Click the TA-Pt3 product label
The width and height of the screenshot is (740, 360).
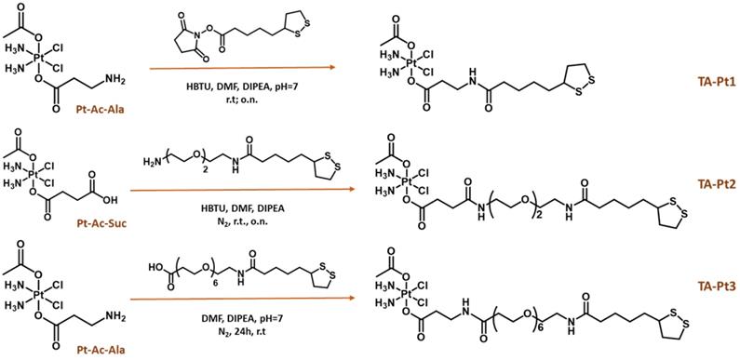(x=707, y=286)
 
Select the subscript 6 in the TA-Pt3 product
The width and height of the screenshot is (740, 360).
(x=553, y=312)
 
